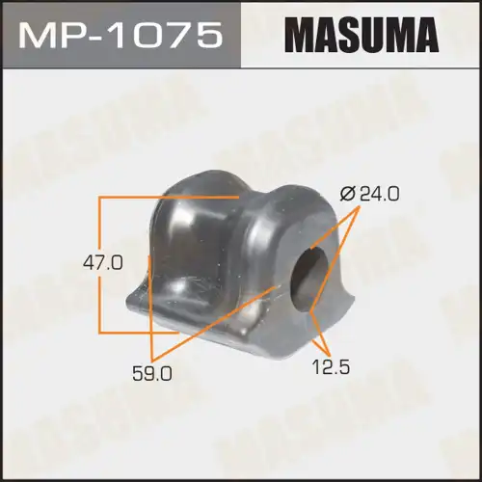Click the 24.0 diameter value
coord(380,195)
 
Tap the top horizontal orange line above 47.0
coord(169,197)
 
